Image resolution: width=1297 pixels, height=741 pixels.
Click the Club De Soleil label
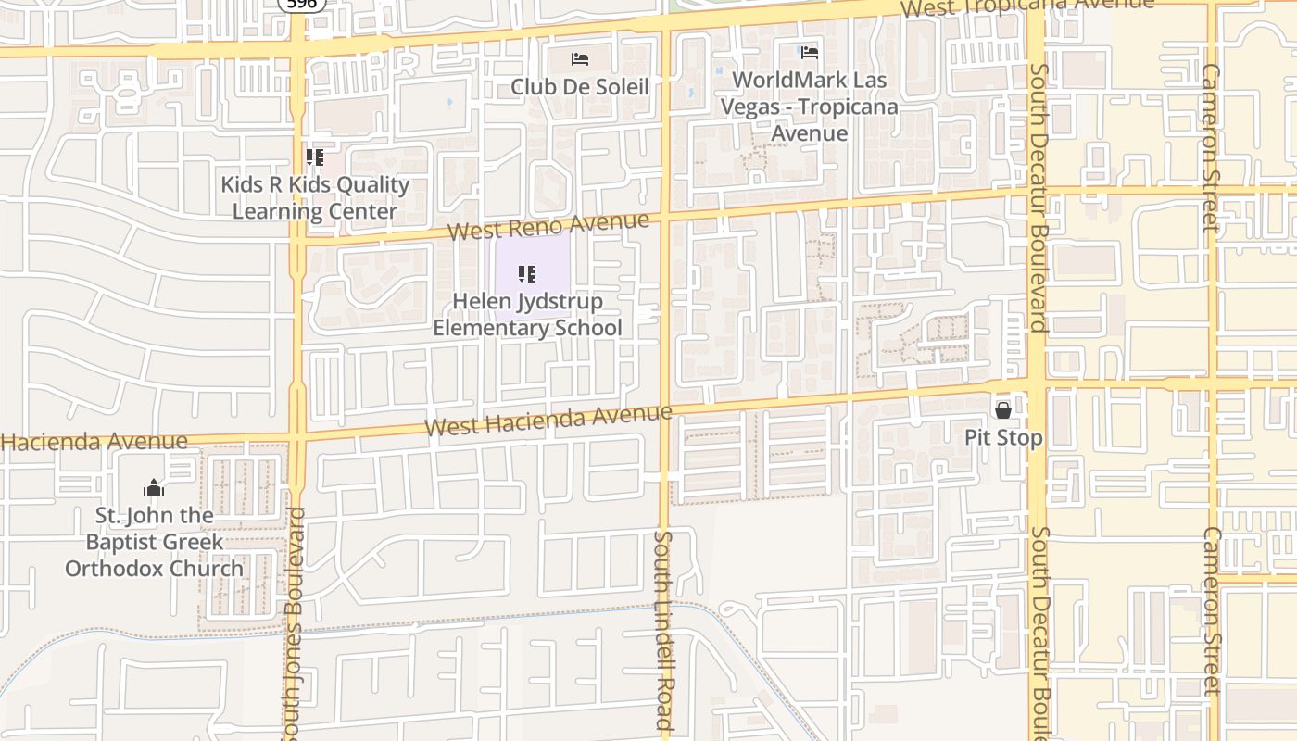(x=580, y=86)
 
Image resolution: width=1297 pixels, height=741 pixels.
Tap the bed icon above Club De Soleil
(x=580, y=59)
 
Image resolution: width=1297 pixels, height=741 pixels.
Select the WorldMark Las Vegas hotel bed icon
(x=810, y=53)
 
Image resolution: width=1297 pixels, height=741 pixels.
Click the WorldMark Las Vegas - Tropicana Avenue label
(x=810, y=107)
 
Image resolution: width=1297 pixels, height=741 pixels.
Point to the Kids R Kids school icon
(x=315, y=157)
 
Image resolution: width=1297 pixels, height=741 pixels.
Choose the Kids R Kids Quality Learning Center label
(x=315, y=197)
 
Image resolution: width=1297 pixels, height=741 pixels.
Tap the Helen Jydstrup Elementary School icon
(x=527, y=274)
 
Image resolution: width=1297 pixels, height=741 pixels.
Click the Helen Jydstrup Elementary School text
(x=527, y=314)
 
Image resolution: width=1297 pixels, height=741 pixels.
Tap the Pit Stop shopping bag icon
(x=1002, y=409)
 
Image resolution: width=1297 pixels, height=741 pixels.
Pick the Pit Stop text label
(x=1003, y=437)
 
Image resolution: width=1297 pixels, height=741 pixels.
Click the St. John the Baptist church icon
(x=154, y=488)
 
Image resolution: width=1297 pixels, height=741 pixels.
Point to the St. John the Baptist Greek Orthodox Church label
(x=154, y=542)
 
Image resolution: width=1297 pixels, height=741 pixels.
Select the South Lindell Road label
(x=662, y=630)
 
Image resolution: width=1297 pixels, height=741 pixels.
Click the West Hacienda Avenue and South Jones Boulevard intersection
(x=298, y=435)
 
